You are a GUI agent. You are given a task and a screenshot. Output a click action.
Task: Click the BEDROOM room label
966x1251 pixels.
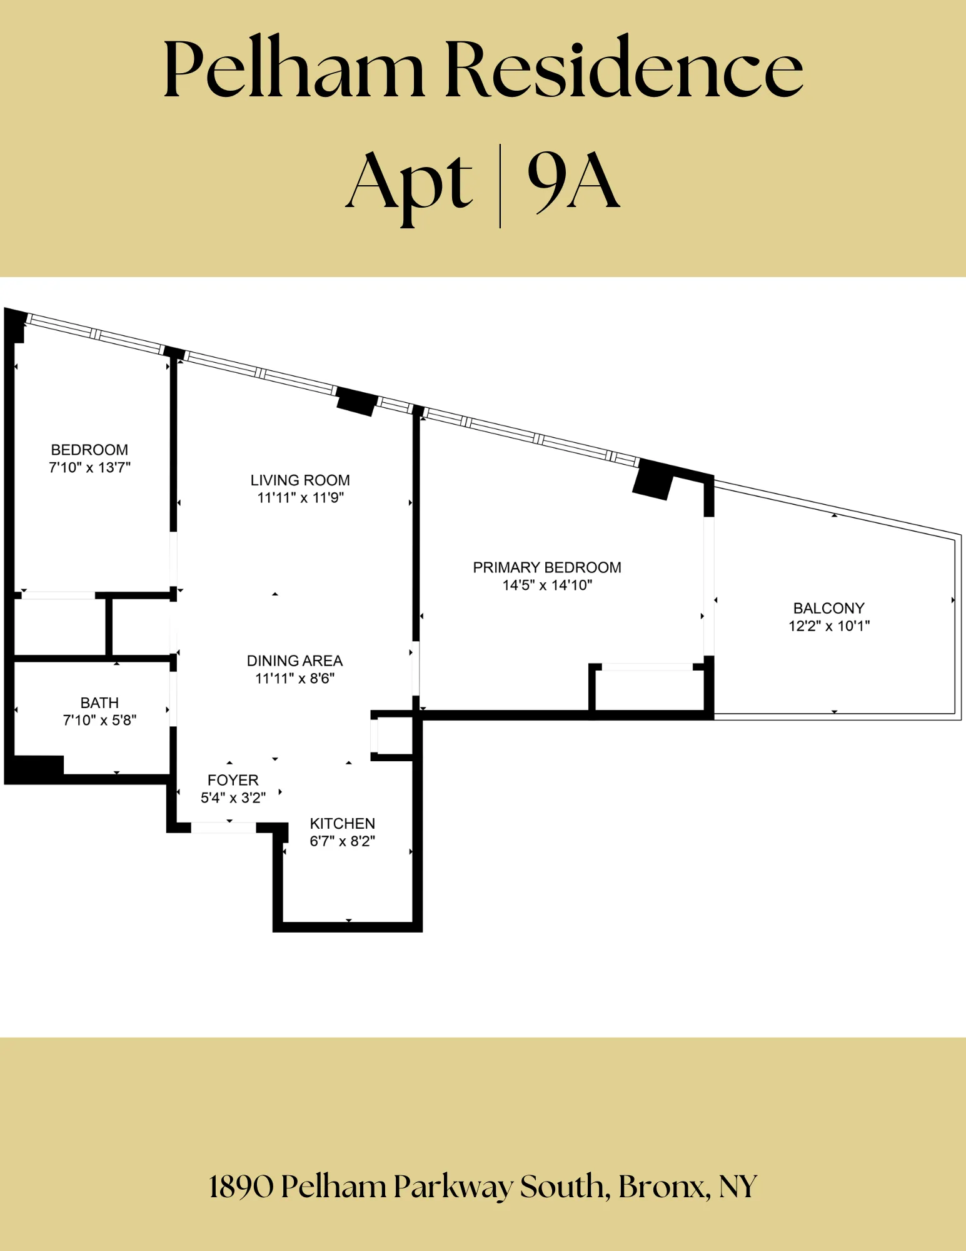tap(89, 450)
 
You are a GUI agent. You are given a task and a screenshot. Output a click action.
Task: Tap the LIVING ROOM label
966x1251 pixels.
tap(300, 480)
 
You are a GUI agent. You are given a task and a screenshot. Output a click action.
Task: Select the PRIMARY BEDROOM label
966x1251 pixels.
tap(547, 567)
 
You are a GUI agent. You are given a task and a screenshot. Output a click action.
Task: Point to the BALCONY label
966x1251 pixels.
tap(828, 608)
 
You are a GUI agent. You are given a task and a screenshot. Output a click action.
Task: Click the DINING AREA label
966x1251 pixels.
tap(294, 661)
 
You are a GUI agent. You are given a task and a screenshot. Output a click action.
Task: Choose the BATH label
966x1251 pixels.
tap(99, 703)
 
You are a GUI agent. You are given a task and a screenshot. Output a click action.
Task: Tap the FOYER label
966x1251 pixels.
tap(233, 780)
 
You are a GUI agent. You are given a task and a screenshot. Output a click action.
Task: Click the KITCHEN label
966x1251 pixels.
tap(343, 824)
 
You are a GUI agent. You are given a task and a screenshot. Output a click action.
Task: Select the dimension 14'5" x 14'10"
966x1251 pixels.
tap(547, 585)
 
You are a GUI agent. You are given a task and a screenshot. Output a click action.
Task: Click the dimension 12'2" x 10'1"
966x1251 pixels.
tap(829, 626)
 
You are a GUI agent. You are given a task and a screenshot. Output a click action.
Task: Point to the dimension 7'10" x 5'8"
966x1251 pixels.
tap(99, 721)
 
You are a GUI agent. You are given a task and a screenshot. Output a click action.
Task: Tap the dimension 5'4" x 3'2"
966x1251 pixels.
tap(233, 798)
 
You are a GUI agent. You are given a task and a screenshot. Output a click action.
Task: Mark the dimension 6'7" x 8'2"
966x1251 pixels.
tap(343, 841)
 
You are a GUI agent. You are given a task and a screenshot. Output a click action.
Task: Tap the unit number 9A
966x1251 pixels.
tap(573, 181)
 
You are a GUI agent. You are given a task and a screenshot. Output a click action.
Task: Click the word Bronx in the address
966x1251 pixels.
tap(664, 1187)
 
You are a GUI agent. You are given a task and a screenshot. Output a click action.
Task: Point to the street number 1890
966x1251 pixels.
tap(241, 1187)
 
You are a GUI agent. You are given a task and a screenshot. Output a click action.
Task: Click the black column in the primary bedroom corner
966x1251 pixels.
tap(652, 481)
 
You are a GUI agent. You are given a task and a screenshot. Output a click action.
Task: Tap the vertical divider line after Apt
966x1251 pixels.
tap(500, 186)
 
